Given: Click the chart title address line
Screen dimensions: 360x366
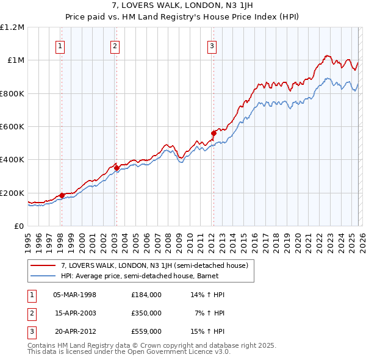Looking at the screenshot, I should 182,5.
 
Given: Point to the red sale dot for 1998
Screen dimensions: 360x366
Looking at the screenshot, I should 62,195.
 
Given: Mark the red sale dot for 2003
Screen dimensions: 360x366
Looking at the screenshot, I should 117,168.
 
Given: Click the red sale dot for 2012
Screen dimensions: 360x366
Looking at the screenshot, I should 213,133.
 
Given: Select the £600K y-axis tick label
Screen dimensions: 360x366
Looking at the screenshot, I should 12,127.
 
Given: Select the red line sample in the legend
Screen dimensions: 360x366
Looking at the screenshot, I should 43,266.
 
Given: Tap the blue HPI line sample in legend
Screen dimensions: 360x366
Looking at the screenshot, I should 43,276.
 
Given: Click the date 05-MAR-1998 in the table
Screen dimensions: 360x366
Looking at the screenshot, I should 74,295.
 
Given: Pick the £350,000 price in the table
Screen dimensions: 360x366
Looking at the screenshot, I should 146,313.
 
